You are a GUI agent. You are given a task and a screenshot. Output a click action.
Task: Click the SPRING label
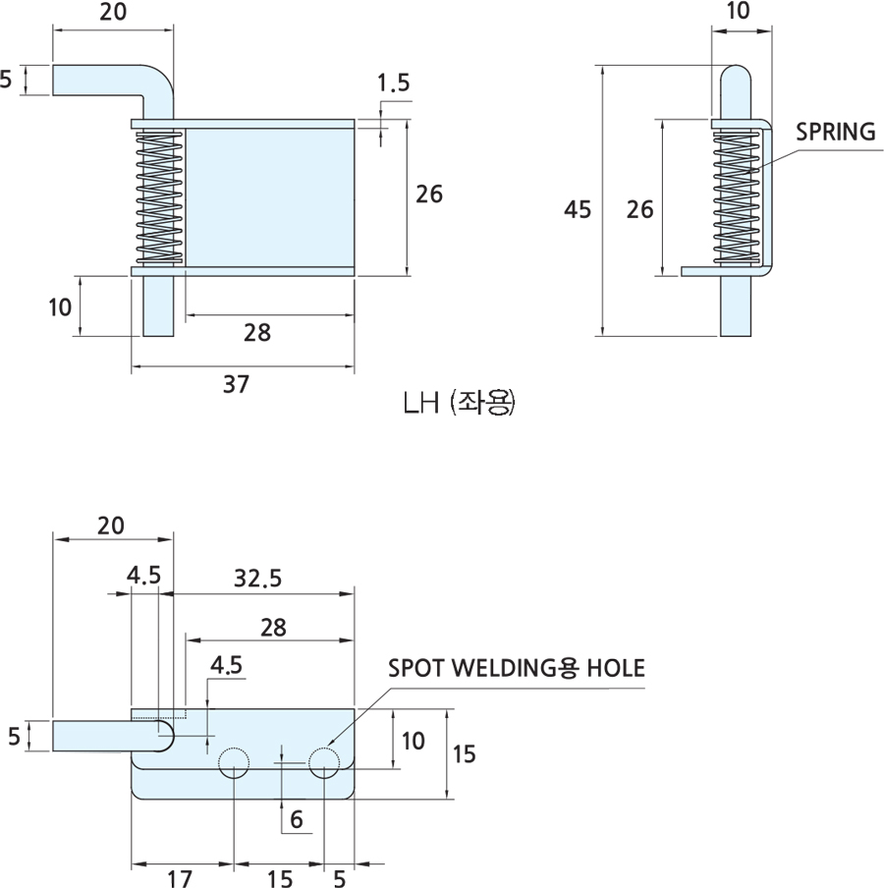click(835, 133)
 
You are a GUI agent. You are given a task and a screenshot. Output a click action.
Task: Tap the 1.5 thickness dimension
click(393, 83)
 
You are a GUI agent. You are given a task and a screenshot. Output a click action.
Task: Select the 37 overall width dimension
click(235, 384)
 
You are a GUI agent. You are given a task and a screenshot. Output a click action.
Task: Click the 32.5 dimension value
click(259, 579)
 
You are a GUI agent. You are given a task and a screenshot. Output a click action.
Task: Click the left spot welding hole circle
click(234, 763)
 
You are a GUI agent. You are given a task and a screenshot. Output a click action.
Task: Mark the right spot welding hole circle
click(324, 763)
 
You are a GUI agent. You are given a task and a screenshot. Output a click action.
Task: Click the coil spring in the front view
click(158, 196)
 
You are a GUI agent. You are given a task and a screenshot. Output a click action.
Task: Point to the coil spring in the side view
click(737, 196)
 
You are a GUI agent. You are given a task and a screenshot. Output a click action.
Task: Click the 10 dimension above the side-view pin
click(739, 11)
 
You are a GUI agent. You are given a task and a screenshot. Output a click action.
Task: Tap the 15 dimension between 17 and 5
click(278, 876)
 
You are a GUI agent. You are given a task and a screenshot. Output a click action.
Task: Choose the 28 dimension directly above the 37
click(257, 333)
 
